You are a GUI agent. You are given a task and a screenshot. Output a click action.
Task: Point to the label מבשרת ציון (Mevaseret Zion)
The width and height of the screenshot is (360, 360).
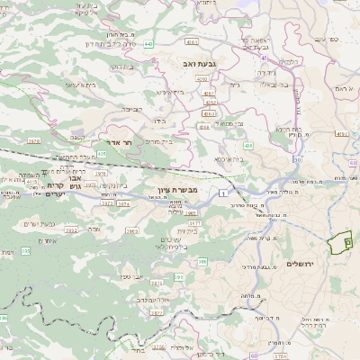pyautogui.click(x=175, y=191)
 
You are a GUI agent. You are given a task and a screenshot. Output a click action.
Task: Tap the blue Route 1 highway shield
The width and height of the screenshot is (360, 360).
pyautogui.click(x=221, y=193)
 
